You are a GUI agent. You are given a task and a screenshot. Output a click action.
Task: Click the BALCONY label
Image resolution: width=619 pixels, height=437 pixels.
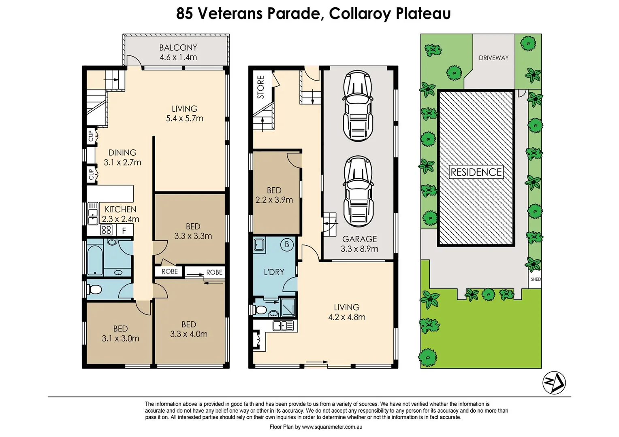click(178, 48)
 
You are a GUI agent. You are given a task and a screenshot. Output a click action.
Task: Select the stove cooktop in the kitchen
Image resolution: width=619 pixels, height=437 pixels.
click(106, 229)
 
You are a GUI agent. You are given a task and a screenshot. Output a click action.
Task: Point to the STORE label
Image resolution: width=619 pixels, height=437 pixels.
click(261, 87)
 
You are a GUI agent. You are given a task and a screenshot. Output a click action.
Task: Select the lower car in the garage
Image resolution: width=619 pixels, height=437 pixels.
click(359, 191)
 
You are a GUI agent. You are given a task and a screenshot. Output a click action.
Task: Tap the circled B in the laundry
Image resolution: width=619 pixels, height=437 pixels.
click(287, 244)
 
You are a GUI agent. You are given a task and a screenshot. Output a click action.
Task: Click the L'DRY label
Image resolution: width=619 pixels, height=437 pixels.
click(274, 272)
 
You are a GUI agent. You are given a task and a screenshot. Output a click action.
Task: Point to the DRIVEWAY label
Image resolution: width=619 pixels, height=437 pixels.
click(493, 58)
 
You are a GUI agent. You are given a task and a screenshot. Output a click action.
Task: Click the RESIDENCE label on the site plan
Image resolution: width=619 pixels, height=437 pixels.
click(476, 172)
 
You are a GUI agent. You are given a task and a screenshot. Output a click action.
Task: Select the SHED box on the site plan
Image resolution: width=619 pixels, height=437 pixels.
click(536, 279)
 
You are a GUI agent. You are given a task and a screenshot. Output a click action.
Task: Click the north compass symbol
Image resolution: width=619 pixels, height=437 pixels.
click(554, 383)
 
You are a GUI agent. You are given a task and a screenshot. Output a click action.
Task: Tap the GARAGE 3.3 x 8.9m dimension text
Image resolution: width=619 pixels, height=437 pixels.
click(359, 244)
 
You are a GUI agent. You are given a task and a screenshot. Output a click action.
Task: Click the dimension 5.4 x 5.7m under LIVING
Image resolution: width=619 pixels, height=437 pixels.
click(184, 119)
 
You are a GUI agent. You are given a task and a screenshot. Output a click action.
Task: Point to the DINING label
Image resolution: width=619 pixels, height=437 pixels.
click(122, 153)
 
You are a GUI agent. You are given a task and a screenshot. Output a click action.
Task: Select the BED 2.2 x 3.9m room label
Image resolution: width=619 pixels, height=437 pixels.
click(274, 195)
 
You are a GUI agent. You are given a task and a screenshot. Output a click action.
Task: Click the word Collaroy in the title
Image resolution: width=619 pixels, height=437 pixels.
click(359, 14)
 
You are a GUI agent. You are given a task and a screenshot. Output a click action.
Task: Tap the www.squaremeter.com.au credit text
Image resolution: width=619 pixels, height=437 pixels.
click(332, 427)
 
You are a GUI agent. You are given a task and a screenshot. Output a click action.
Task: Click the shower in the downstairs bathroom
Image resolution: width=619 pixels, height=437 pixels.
click(288, 307)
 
